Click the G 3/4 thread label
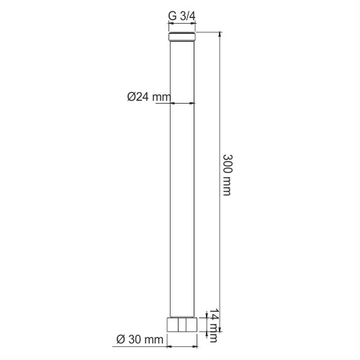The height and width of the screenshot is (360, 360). [182, 17]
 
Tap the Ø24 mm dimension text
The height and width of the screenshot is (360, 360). [149, 97]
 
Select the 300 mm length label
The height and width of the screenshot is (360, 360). [228, 175]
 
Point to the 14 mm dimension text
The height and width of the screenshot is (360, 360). [213, 325]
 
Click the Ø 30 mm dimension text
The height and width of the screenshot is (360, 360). [140, 339]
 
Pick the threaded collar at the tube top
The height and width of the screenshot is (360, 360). [182, 36]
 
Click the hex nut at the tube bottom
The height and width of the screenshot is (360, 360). [182, 325]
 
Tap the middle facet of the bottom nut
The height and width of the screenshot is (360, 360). [182, 325]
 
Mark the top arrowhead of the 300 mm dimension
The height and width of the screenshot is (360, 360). [220, 35]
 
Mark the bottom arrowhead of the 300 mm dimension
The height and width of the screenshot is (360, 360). [220, 329]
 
